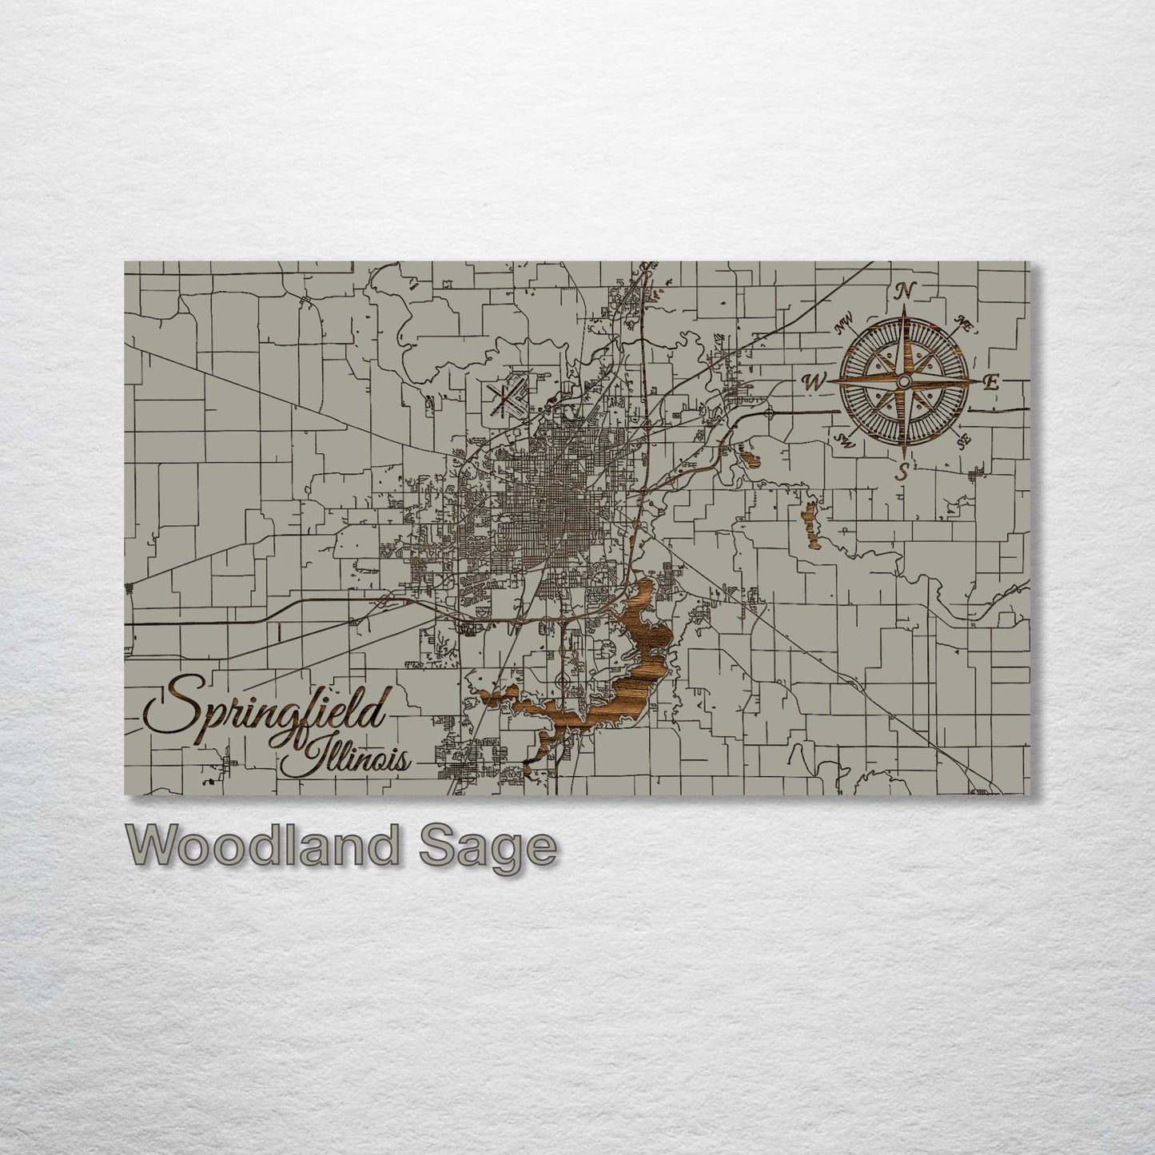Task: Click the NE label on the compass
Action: (x=965, y=325)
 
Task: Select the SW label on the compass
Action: (x=844, y=440)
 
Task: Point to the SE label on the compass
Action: (x=964, y=440)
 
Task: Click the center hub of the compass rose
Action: (x=904, y=381)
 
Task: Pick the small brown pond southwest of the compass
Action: (x=751, y=458)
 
